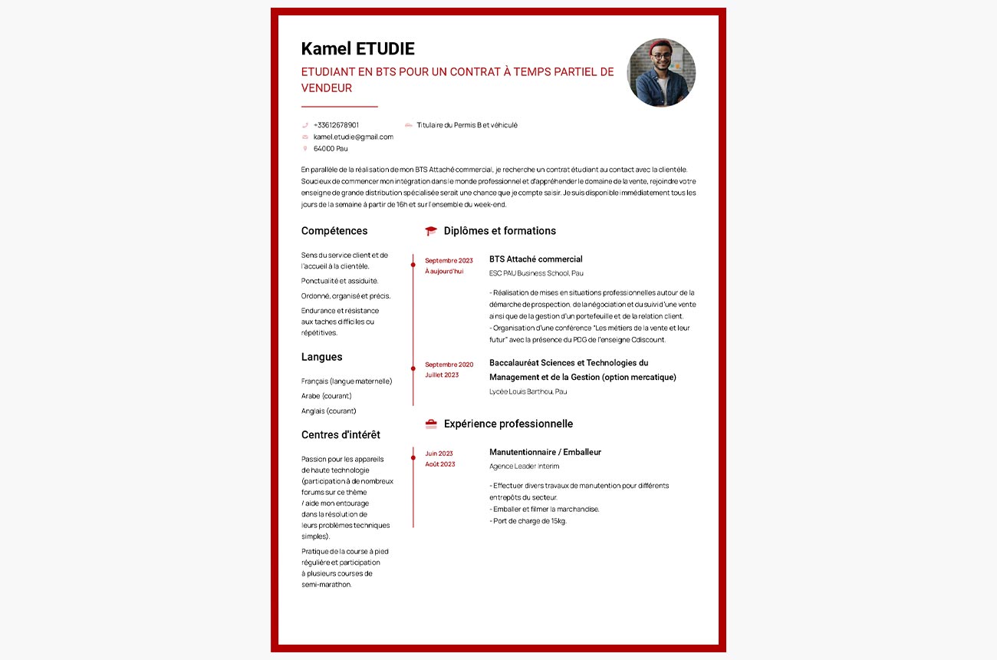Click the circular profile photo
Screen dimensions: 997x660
coord(661,73)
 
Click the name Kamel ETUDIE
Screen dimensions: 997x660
coord(357,49)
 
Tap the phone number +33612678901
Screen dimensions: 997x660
coord(336,125)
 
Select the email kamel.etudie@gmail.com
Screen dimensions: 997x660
coord(353,137)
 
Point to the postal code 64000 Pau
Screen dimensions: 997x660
coord(331,148)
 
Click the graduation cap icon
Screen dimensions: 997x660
coord(431,231)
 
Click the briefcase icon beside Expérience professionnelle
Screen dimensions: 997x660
coord(431,424)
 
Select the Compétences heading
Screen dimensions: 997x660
coord(334,231)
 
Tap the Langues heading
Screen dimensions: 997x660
coord(321,357)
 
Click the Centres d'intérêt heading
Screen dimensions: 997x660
coord(341,435)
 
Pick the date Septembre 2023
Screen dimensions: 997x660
coord(449,260)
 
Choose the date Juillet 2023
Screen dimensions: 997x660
coord(442,375)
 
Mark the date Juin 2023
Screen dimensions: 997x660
coord(439,454)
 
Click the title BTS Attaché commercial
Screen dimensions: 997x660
coord(535,259)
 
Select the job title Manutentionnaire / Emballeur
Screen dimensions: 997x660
coord(545,452)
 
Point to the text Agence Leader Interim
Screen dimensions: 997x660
coord(524,466)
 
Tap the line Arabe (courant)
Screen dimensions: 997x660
coord(326,396)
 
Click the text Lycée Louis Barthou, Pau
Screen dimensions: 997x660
coord(528,391)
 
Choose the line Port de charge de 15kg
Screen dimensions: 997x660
coord(528,521)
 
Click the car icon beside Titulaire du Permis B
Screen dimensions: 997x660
coord(408,125)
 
